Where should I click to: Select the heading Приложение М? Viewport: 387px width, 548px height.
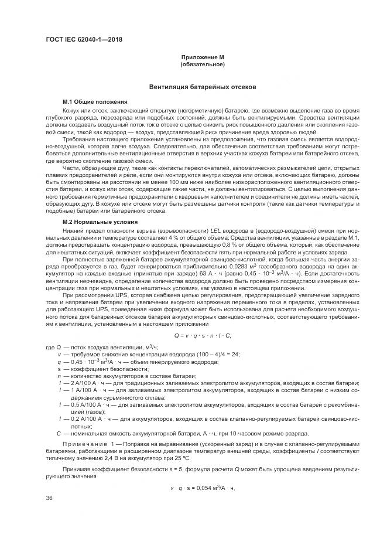coord(202,57)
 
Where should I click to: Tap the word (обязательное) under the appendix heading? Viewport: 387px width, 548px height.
coord(202,64)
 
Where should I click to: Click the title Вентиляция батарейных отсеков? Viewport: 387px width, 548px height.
coord(202,86)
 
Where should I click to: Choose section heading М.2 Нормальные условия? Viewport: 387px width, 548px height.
coord(92,223)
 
